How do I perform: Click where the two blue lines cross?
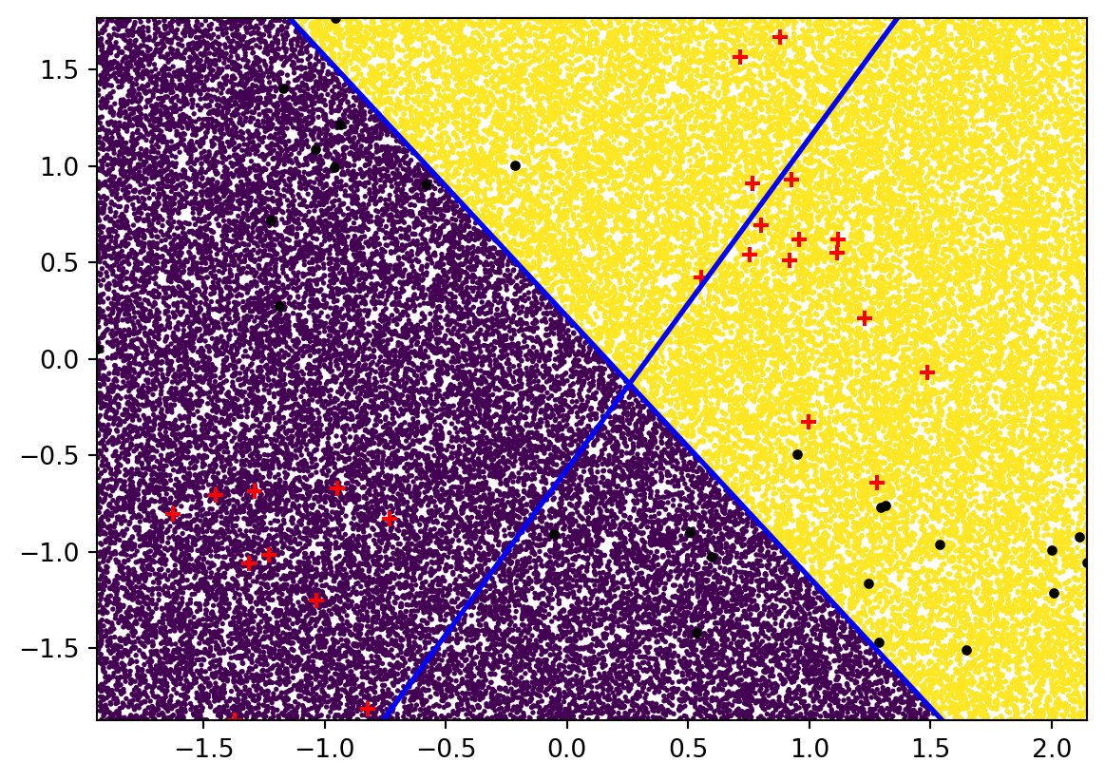click(x=629, y=383)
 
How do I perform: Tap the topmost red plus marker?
click(x=780, y=37)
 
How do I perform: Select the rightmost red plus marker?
click(x=927, y=372)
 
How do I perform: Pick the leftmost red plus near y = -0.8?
click(x=172, y=514)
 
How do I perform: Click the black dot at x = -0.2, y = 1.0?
click(x=515, y=165)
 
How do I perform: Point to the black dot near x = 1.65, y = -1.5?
click(x=966, y=650)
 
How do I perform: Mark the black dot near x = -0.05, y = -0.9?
click(x=554, y=534)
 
